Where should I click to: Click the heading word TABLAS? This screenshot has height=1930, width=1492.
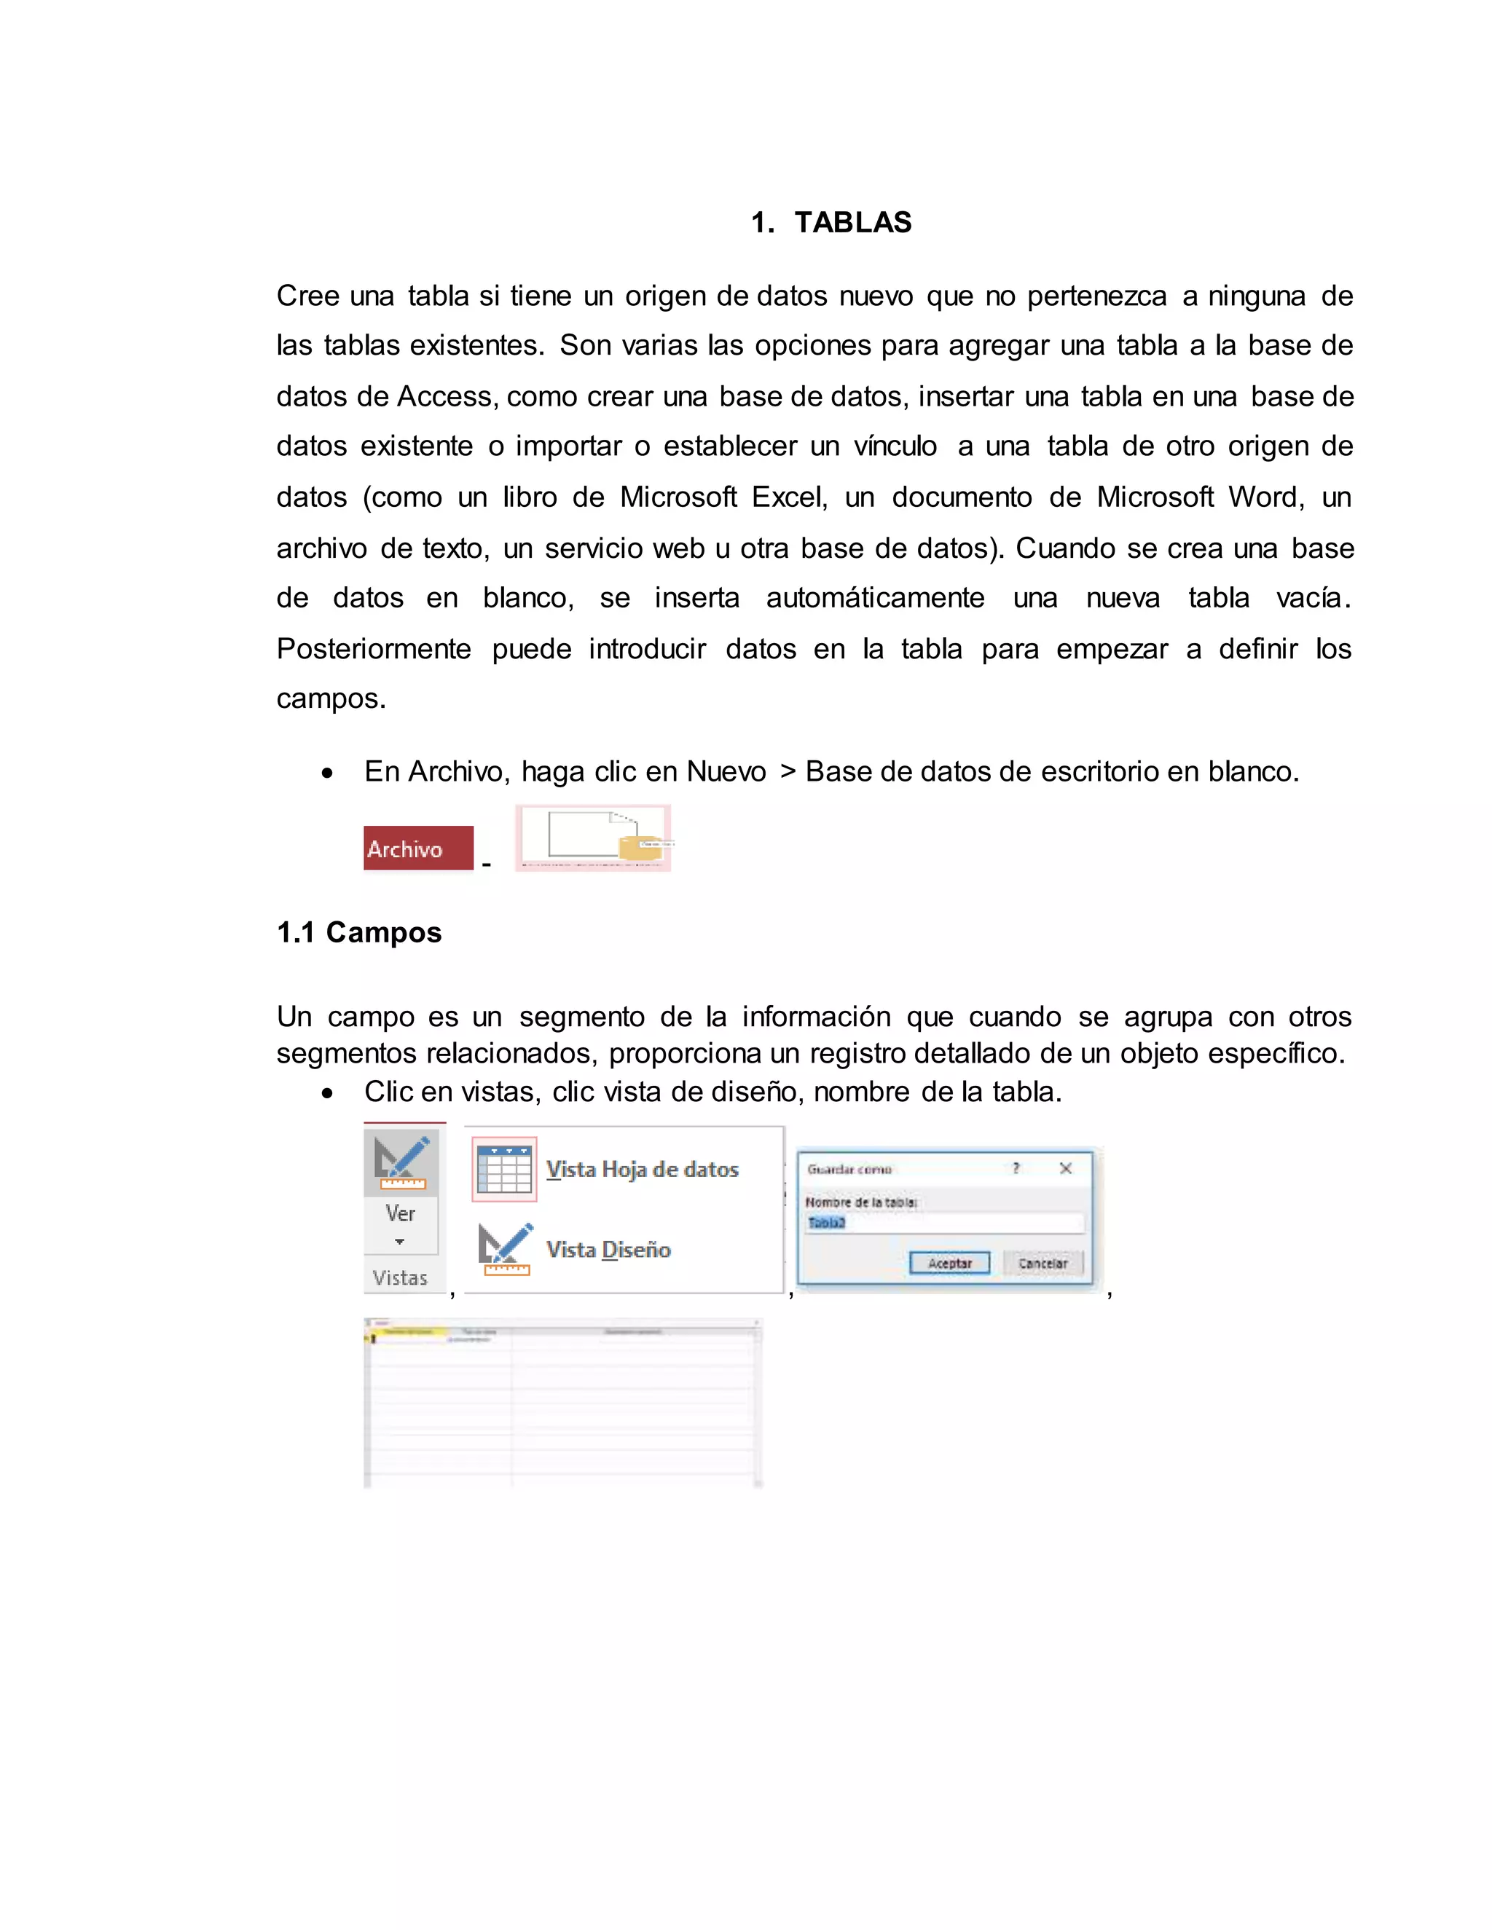[x=852, y=222]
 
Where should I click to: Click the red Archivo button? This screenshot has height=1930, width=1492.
[x=418, y=848]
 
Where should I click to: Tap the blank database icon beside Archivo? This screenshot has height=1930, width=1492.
[x=593, y=837]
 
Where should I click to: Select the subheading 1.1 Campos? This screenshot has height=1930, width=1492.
[x=359, y=932]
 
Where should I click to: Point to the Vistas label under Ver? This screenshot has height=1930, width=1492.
[x=401, y=1278]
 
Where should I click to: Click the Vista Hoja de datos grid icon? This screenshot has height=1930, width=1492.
[x=504, y=1169]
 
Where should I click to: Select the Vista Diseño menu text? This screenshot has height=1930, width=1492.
[x=608, y=1250]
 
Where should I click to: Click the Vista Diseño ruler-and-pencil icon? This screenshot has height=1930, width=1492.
[x=505, y=1248]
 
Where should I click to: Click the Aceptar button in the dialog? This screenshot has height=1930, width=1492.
[x=949, y=1263]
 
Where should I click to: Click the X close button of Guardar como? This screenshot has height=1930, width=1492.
[x=1066, y=1168]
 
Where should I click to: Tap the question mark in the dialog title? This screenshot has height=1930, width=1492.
[x=1016, y=1168]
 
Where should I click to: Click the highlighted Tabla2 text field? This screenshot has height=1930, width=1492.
[x=943, y=1223]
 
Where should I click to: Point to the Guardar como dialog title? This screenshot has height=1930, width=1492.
[x=849, y=1169]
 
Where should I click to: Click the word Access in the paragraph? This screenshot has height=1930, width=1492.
[x=447, y=396]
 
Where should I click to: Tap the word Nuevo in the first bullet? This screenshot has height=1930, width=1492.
[x=726, y=771]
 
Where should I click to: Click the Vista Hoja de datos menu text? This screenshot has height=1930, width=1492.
[x=642, y=1169]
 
